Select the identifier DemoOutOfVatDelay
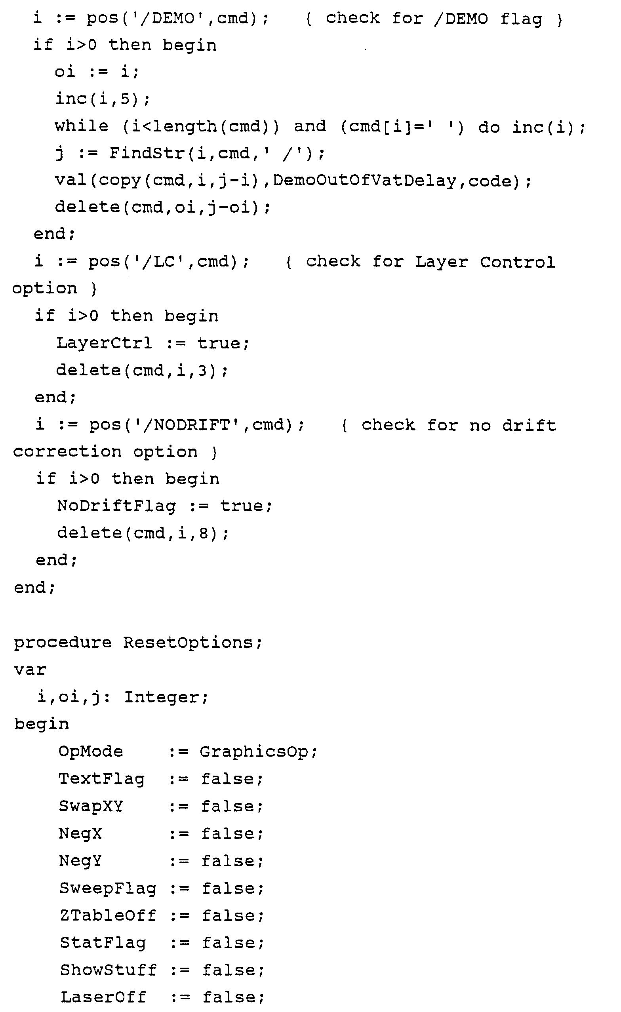click(x=364, y=181)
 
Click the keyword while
click(x=82, y=126)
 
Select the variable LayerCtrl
click(x=104, y=343)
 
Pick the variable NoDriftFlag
click(x=116, y=506)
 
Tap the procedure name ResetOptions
click(x=188, y=642)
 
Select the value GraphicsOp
click(x=253, y=751)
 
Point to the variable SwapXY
click(x=90, y=806)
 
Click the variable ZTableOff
click(x=108, y=915)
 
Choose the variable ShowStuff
click(x=108, y=970)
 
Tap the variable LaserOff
click(x=103, y=997)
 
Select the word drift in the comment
click(x=529, y=425)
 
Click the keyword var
click(x=30, y=670)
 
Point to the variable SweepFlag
click(x=108, y=888)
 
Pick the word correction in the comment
click(x=67, y=452)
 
